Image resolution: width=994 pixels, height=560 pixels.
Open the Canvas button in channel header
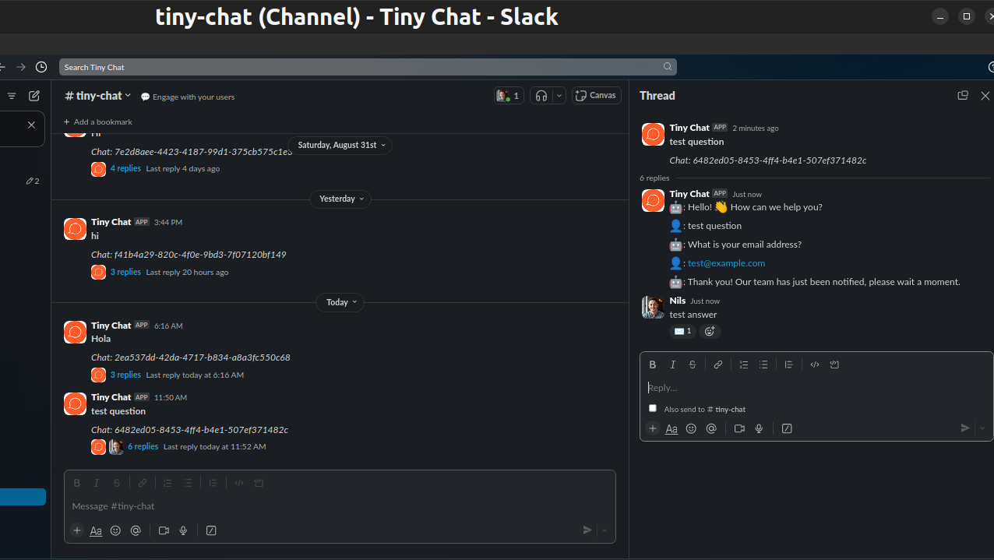[x=597, y=95]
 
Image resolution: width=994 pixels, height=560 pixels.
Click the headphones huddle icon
[x=541, y=95]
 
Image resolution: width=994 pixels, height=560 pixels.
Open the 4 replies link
[x=125, y=168]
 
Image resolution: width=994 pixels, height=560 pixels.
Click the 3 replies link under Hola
[x=125, y=375]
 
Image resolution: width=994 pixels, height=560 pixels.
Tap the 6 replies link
[x=143, y=446]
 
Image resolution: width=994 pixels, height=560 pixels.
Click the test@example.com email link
[x=726, y=263]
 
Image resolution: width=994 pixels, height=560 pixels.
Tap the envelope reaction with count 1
[x=682, y=331]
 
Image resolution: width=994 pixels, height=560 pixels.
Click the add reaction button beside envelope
[x=709, y=331]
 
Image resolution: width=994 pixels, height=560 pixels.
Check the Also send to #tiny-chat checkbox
[x=653, y=408]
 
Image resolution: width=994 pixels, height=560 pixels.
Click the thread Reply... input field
[x=810, y=388]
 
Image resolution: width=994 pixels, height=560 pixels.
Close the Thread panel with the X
[x=985, y=96]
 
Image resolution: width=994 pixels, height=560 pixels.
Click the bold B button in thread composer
[x=653, y=365]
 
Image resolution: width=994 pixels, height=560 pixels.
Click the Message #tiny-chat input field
[x=340, y=506]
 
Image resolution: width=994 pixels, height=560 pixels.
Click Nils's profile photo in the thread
[x=653, y=308]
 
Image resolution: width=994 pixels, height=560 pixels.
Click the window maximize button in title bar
[x=967, y=16]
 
